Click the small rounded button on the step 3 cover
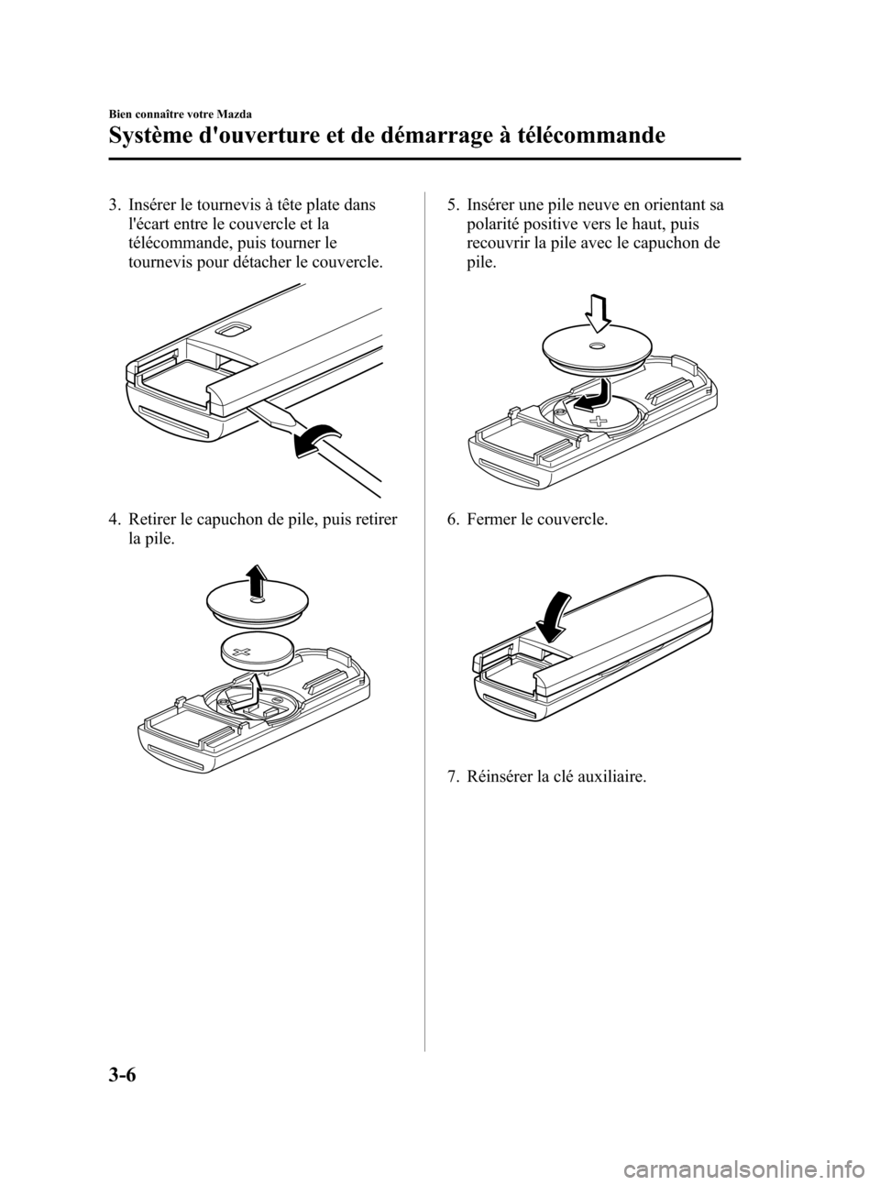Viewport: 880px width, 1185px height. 232,330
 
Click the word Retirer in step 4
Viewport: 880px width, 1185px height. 154,521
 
